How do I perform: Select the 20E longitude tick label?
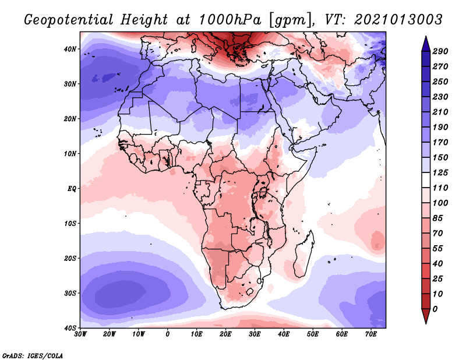tap(225, 334)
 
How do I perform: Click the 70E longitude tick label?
tap(371, 334)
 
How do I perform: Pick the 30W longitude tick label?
tap(80, 334)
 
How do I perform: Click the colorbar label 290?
tap(440, 52)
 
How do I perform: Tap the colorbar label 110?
tap(440, 189)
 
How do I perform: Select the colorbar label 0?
tap(435, 308)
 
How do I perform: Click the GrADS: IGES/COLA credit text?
tap(33, 355)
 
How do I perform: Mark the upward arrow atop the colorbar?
tap(425, 43)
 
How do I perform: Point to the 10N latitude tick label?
tap(70, 154)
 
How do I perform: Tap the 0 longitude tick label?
tap(168, 334)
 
